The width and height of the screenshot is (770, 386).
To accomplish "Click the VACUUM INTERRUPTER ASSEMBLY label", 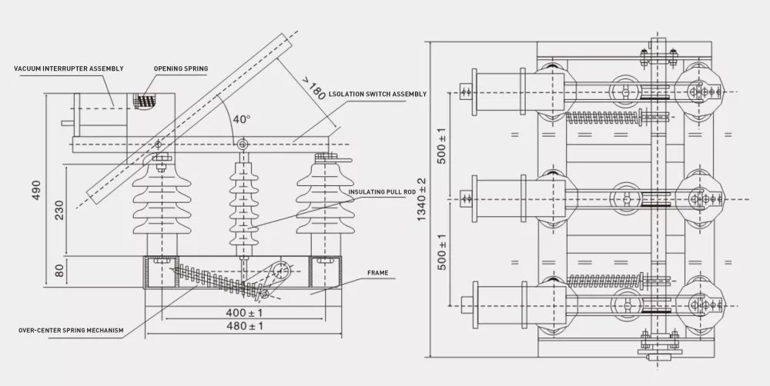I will tap(69, 69).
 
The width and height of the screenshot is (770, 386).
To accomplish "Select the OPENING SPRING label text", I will tap(180, 69).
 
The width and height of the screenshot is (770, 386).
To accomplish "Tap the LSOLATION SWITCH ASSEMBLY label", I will tap(377, 94).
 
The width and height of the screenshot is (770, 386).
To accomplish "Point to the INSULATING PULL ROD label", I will tap(382, 192).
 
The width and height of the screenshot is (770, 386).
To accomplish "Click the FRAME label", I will tap(377, 272).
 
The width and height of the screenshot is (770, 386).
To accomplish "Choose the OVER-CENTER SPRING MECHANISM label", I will tap(71, 331).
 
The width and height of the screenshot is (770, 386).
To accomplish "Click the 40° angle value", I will tap(242, 120).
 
